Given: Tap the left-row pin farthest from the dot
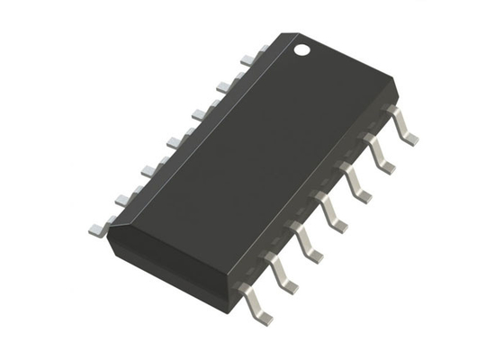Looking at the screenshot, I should click(x=100, y=226).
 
